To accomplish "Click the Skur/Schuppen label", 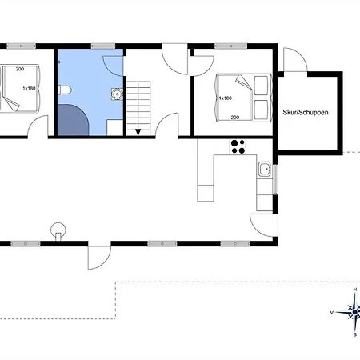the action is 306,112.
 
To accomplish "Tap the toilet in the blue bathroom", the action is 65,90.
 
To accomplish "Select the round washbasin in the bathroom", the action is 117,94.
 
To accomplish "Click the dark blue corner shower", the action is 73,120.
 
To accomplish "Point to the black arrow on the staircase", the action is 138,132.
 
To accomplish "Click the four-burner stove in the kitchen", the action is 238,147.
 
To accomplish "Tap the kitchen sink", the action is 265,169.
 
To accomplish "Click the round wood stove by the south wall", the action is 58,230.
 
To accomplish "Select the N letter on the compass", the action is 355,290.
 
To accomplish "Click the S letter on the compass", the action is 355,334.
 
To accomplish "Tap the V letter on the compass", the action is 332,313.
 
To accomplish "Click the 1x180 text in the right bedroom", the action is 226,98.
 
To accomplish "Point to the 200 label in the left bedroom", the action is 20,69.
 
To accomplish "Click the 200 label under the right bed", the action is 235,118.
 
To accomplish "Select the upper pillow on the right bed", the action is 261,86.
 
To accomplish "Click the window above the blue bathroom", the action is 103,46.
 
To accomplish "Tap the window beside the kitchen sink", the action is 275,179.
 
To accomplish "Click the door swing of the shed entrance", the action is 295,60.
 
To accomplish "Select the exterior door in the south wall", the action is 99,258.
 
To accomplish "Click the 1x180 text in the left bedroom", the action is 29,88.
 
